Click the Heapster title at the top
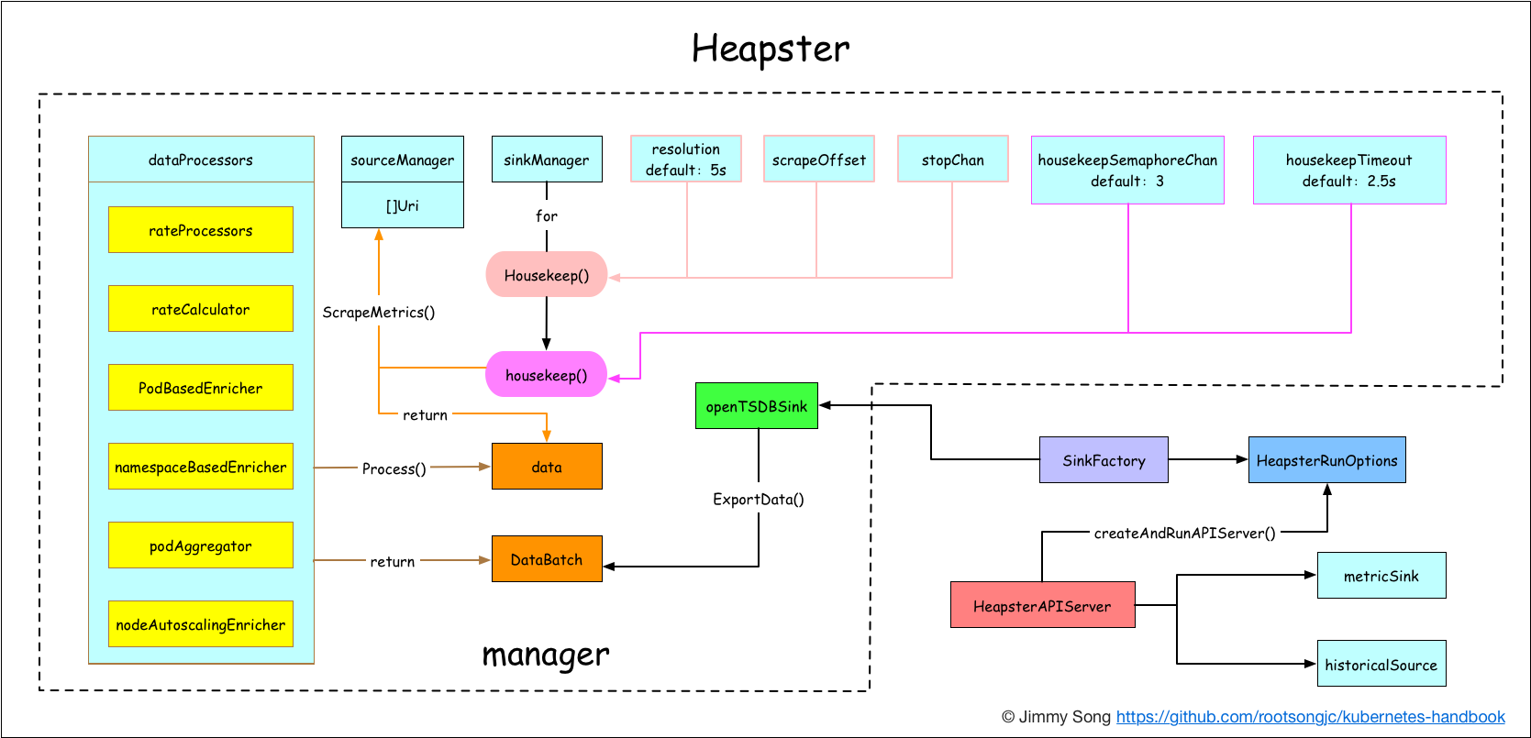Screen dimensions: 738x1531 coord(770,49)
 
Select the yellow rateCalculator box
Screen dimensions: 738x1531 coord(200,309)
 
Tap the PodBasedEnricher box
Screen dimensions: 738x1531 coord(200,388)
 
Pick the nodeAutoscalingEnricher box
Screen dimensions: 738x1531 coord(200,624)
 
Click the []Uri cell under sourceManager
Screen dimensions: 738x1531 coord(402,205)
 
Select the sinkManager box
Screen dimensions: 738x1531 coord(547,160)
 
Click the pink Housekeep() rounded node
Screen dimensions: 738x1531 coord(547,275)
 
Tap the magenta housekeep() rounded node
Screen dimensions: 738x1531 coord(547,375)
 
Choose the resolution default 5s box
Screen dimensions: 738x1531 coord(686,160)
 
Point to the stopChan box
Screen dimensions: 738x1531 coord(952,160)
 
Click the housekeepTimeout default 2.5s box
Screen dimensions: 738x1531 coord(1349,170)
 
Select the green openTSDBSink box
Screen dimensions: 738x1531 coord(756,406)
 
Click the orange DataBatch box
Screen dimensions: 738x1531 coord(547,559)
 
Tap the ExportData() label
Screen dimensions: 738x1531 coord(759,500)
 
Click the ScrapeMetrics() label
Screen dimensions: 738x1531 coord(379,313)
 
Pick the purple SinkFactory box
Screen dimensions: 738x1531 coord(1104,460)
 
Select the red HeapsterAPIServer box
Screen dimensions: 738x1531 coord(1042,605)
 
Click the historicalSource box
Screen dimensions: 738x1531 coord(1381,664)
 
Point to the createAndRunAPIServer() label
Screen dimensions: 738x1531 coord(1184,533)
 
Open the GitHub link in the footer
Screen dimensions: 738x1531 coord(1310,717)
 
